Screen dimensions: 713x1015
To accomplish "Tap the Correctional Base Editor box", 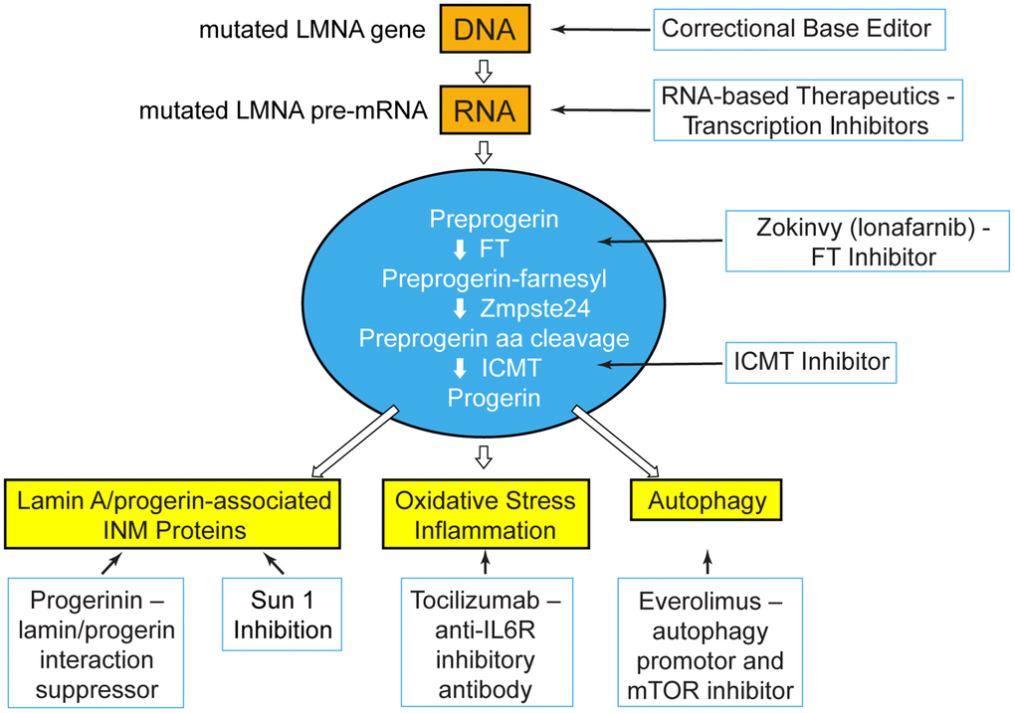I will tap(797, 29).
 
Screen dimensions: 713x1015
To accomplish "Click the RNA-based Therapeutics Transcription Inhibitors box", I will tap(808, 110).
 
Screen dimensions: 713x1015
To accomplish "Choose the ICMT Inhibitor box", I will tap(811, 363).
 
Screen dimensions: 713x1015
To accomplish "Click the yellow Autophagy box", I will tap(708, 501).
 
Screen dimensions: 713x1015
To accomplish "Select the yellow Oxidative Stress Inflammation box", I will tap(484, 515).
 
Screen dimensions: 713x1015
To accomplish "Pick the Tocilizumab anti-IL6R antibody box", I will tap(485, 643).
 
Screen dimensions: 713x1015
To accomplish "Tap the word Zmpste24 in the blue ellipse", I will tap(523, 308).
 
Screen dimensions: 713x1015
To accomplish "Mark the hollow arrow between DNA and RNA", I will tap(484, 71).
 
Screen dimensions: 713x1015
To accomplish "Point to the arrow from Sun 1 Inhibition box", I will tap(275, 564).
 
